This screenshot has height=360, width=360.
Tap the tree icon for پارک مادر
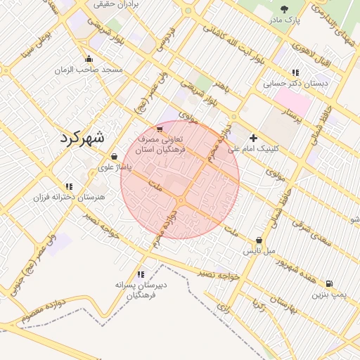[x=284, y=9]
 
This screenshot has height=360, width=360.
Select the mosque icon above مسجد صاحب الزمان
[x=89, y=59]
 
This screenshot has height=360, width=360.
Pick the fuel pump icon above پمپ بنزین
[x=326, y=284]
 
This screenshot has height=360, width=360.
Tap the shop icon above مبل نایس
[x=259, y=240]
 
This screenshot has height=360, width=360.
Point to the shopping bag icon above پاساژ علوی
[x=114, y=157]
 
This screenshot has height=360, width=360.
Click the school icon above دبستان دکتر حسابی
[x=295, y=72]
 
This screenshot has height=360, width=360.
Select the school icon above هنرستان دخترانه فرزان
[x=68, y=186]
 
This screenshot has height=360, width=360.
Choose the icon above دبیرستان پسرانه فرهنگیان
[x=141, y=274]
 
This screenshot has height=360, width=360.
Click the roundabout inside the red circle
[x=181, y=201]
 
